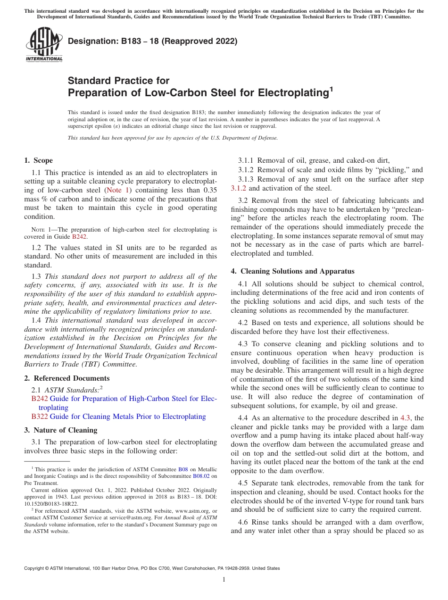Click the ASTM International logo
(x=44, y=45)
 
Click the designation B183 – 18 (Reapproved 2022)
(x=152, y=42)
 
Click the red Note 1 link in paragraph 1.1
(x=118, y=190)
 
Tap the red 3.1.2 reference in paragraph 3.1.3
(x=239, y=188)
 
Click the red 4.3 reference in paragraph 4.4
(x=405, y=417)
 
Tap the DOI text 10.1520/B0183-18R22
(x=51, y=504)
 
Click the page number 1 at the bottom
(x=224, y=580)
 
